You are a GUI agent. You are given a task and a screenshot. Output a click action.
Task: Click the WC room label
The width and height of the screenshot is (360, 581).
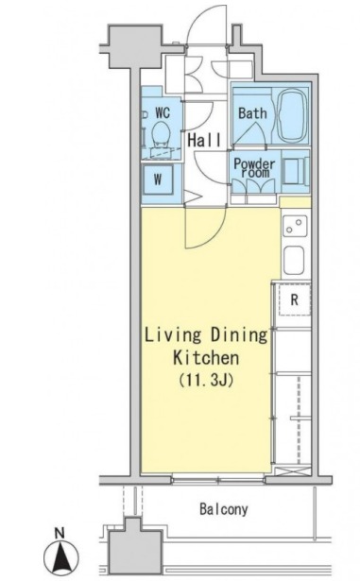point(163,112)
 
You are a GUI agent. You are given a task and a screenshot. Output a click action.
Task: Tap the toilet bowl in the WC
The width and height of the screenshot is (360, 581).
point(162,133)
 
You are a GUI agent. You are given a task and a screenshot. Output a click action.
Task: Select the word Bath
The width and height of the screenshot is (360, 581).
point(252,113)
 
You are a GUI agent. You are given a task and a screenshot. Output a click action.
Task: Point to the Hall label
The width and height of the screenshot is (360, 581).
point(205,140)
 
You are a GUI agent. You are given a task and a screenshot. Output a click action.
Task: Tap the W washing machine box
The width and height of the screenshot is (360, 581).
point(158,180)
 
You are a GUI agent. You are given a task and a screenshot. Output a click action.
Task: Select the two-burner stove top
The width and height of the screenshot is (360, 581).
point(295,226)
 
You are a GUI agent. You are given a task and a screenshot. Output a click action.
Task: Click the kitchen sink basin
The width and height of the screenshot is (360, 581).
point(294,261)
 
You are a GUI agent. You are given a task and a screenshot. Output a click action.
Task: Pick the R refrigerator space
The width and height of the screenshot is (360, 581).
point(295,299)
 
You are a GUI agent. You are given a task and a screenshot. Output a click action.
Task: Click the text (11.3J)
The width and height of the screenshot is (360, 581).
point(206,380)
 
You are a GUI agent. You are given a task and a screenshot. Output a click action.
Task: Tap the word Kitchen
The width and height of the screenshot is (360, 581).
point(206,358)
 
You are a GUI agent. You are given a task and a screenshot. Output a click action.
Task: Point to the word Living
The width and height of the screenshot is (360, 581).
point(172,335)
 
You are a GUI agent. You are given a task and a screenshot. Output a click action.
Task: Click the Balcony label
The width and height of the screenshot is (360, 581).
point(224,509)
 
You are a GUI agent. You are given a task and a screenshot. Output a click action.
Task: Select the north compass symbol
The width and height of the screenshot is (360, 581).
point(61,556)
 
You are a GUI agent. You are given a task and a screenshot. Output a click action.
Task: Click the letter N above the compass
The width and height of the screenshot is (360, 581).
point(59,533)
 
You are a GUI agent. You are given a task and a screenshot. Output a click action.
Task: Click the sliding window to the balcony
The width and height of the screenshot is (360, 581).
point(218,481)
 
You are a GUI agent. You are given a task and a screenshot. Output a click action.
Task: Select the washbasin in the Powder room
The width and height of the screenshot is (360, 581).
point(295,171)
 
